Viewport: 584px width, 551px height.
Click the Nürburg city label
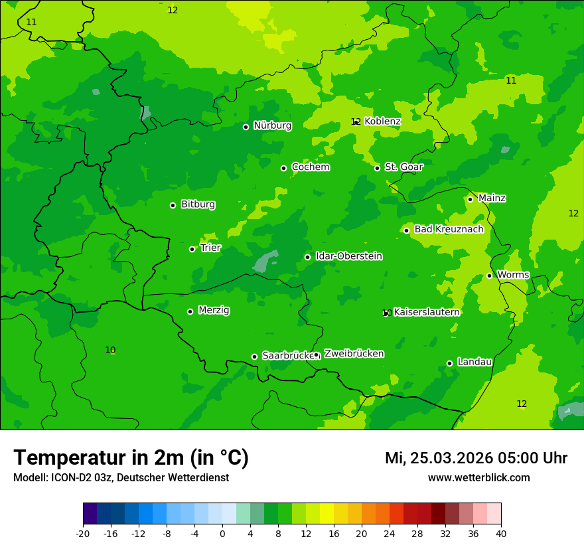(x=272, y=125)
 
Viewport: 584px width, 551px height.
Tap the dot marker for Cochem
(x=283, y=168)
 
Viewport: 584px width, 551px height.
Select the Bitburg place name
(x=198, y=204)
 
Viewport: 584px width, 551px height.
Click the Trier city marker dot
(x=192, y=249)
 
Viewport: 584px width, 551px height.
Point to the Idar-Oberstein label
(x=348, y=256)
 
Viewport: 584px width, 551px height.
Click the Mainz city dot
(x=470, y=199)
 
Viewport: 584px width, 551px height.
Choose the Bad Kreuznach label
(x=449, y=229)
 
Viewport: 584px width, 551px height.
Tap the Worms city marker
(x=489, y=275)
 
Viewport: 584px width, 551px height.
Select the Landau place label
(x=475, y=362)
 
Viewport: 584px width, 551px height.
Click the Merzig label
(x=214, y=310)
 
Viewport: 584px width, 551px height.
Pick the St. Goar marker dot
(x=377, y=168)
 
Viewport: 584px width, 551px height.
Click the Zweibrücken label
(x=354, y=354)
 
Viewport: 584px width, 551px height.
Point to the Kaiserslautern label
(x=427, y=312)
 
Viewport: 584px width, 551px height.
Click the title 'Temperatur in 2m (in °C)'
(x=131, y=457)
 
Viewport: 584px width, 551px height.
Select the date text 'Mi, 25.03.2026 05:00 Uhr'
(x=476, y=458)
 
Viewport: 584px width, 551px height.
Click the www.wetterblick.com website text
(x=478, y=477)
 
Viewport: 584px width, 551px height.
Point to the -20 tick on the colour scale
(x=83, y=533)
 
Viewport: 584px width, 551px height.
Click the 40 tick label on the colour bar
(x=501, y=533)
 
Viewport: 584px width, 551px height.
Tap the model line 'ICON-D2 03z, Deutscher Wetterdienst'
(x=121, y=477)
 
